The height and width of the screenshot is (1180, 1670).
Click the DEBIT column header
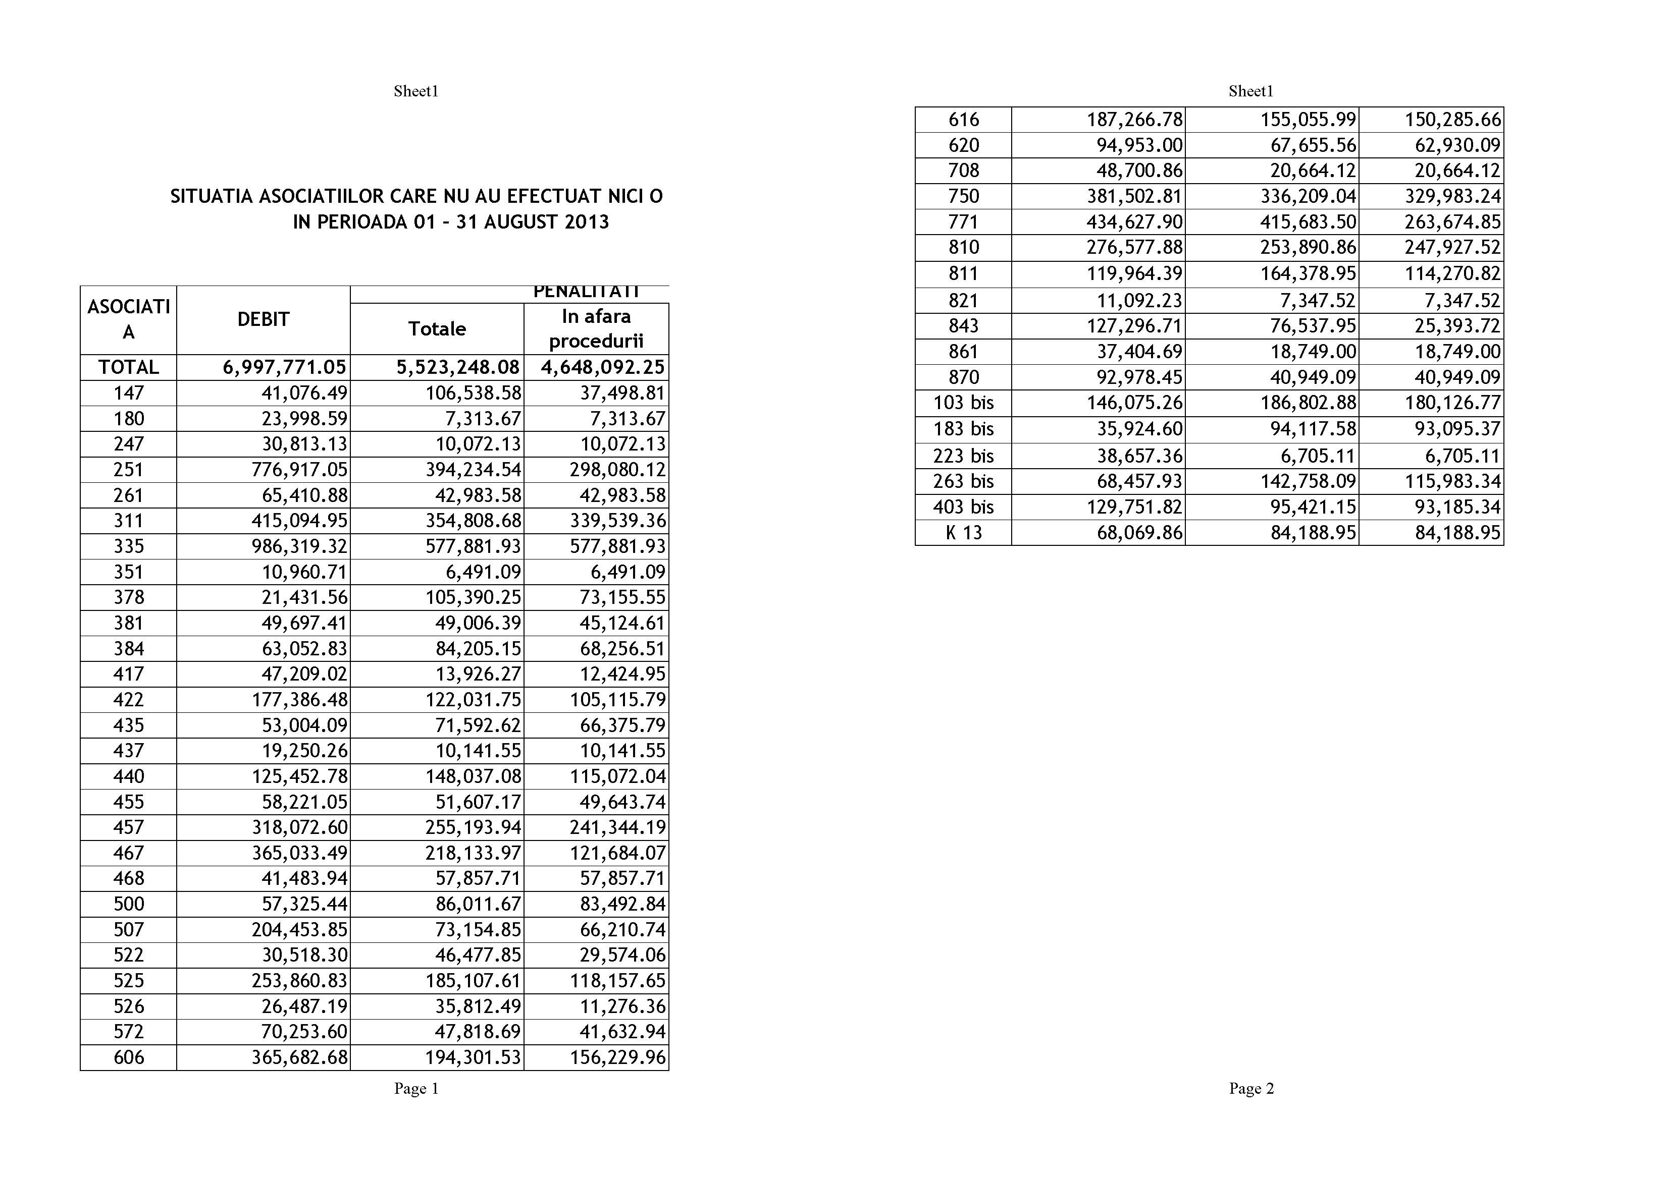264,319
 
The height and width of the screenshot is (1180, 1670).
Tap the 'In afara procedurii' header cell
596,328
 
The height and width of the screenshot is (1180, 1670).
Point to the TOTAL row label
129,367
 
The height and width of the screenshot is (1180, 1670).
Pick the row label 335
129,546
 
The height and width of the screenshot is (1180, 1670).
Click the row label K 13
964,533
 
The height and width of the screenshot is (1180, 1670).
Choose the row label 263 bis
964,481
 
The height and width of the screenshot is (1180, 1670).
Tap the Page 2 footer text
1251,1088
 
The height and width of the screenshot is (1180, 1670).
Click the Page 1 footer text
416,1088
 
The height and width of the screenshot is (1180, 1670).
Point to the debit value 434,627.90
1135,222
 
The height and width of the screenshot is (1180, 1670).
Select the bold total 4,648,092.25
602,367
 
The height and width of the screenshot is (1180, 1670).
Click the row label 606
129,1057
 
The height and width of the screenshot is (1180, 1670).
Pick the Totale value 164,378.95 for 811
1308,274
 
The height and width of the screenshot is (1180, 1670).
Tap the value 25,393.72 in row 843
1457,326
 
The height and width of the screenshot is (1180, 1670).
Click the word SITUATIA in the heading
212,196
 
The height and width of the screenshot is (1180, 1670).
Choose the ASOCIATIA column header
129,319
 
